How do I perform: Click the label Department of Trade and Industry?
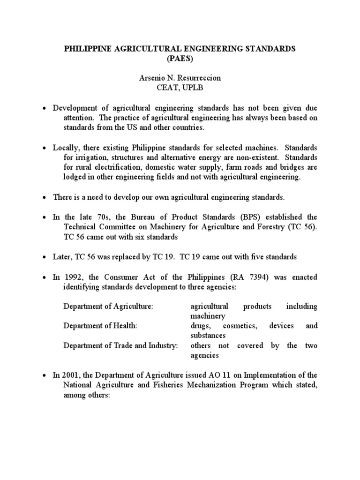[120, 345]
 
